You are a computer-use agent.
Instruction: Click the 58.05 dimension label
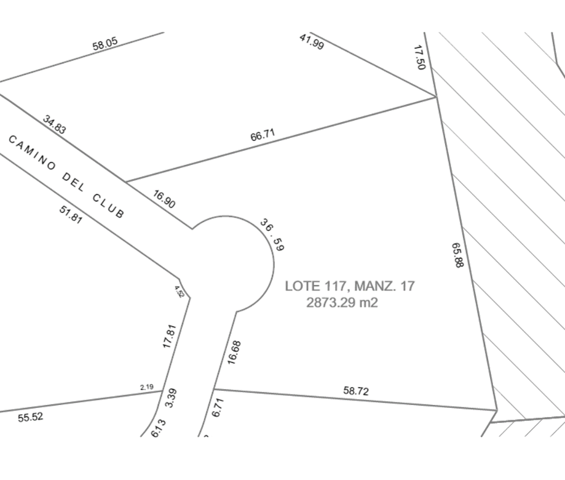(105, 44)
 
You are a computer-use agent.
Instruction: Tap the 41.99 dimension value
(312, 41)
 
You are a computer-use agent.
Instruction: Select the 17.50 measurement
(419, 57)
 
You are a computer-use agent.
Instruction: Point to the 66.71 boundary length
(263, 135)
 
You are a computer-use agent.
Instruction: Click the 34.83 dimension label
(55, 125)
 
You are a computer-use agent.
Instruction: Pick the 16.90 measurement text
(164, 199)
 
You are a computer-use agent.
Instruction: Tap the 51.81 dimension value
(71, 214)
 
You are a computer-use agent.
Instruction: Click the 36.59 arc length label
(272, 234)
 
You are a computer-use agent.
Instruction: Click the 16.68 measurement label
(234, 353)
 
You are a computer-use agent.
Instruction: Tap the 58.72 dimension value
(356, 391)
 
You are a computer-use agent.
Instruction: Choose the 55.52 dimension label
(31, 417)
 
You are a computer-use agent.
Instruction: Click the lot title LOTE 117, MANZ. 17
(350, 286)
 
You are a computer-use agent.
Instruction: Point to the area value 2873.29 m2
(341, 302)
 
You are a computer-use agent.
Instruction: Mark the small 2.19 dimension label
(146, 387)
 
